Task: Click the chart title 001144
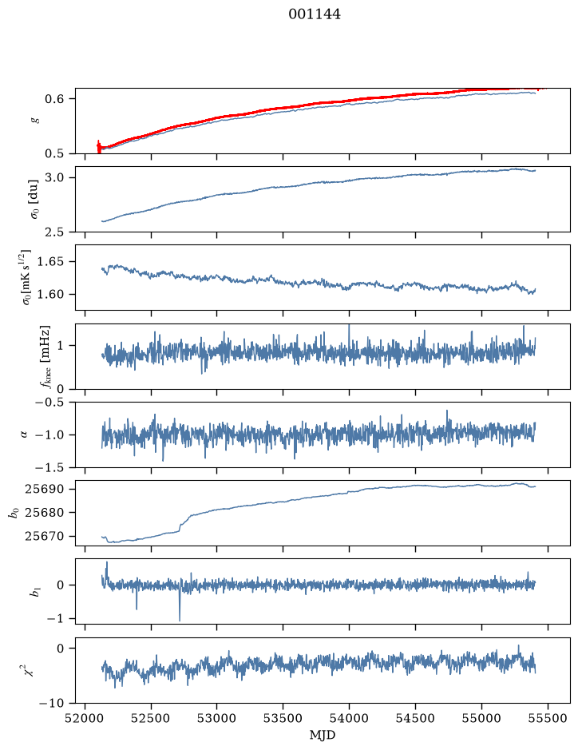(x=315, y=14)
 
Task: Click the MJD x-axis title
(x=323, y=735)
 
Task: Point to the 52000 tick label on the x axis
(x=85, y=718)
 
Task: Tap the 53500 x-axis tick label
(x=283, y=718)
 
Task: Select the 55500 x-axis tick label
(x=548, y=718)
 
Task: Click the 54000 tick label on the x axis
(x=350, y=718)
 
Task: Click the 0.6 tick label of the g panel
(x=54, y=98)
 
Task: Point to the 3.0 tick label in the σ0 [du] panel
(x=54, y=177)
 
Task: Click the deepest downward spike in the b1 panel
(x=180, y=621)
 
